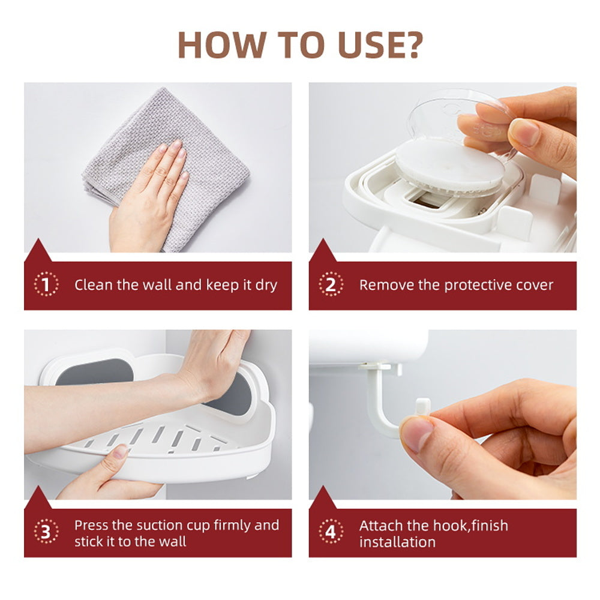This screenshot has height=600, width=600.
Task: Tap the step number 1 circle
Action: click(x=46, y=284)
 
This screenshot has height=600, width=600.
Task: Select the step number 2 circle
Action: click(x=331, y=284)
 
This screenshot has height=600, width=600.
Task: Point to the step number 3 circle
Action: click(x=46, y=532)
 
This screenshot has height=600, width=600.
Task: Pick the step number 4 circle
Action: click(x=331, y=532)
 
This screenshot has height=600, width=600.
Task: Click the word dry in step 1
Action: click(x=266, y=285)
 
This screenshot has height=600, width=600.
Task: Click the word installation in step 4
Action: click(x=397, y=542)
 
